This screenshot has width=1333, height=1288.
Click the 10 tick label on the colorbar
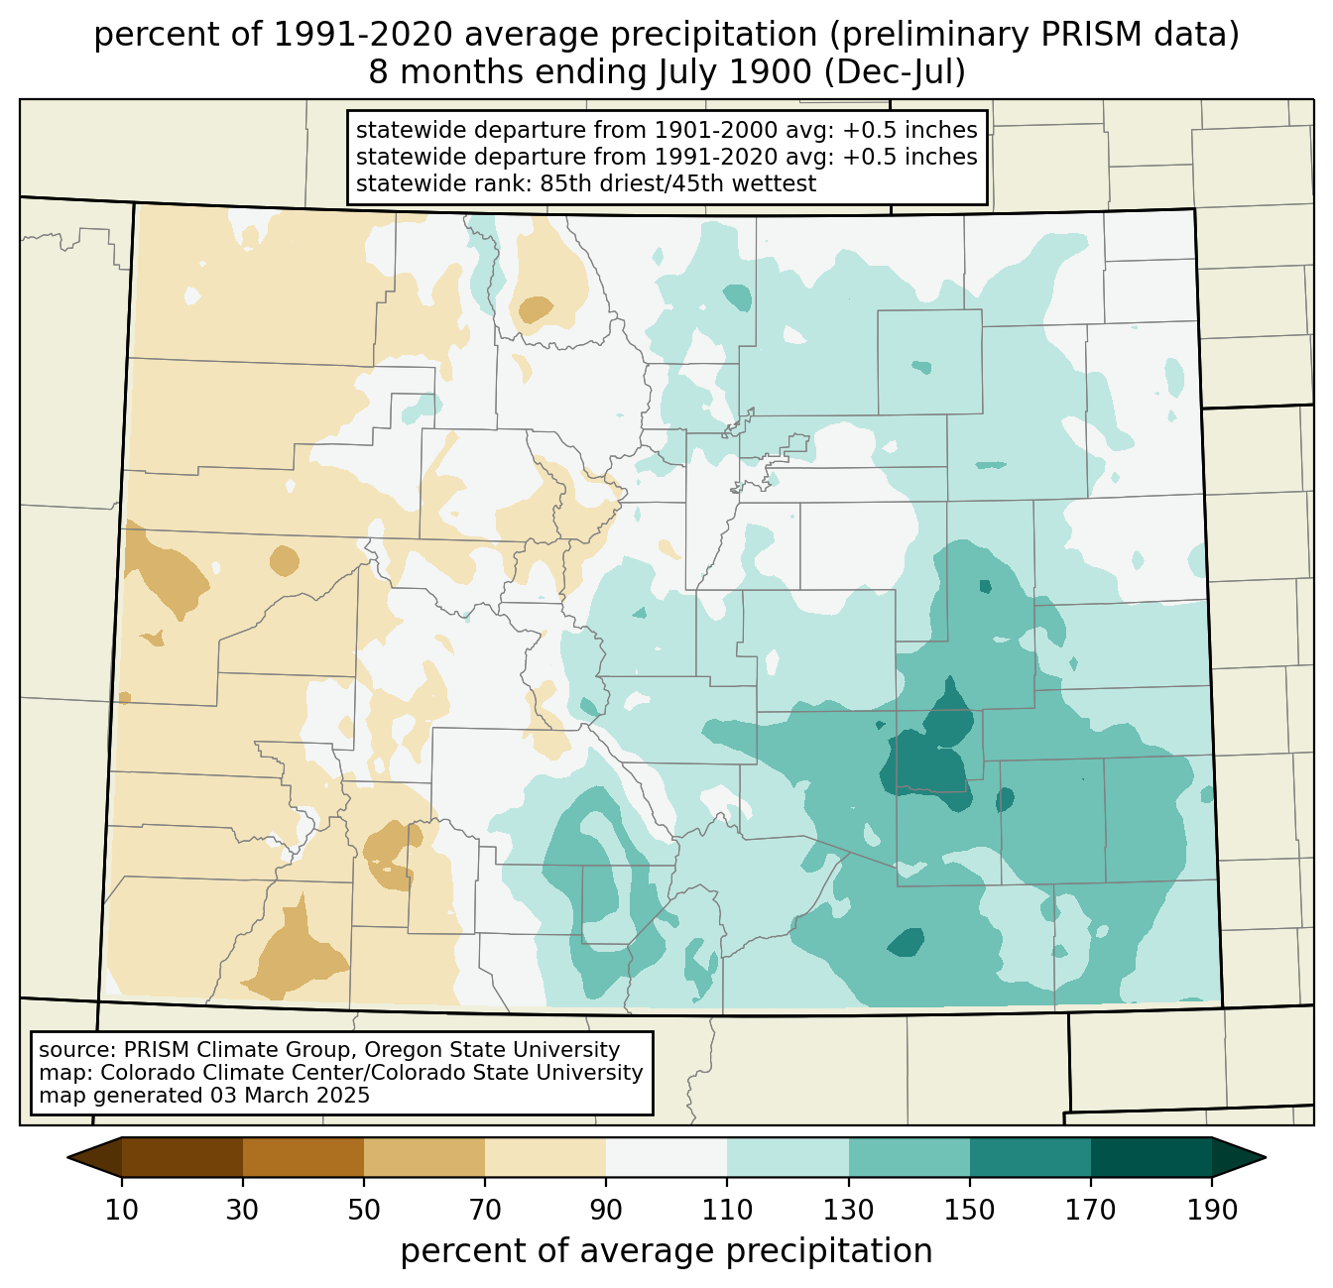click(121, 1210)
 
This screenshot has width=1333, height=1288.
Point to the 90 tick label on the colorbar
click(606, 1210)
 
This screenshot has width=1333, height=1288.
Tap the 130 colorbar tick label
click(849, 1210)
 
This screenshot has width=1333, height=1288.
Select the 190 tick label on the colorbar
click(1212, 1210)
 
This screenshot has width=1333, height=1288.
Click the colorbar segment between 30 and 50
click(303, 1157)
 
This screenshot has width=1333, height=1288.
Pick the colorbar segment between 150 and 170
click(1030, 1157)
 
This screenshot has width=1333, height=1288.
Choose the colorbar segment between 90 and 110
click(666, 1157)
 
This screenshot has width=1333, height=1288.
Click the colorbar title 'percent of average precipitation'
click(666, 1250)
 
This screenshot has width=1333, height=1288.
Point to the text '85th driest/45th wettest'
click(678, 182)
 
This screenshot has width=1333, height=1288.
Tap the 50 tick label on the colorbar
click(364, 1210)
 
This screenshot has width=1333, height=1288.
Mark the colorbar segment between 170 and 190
click(1151, 1157)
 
